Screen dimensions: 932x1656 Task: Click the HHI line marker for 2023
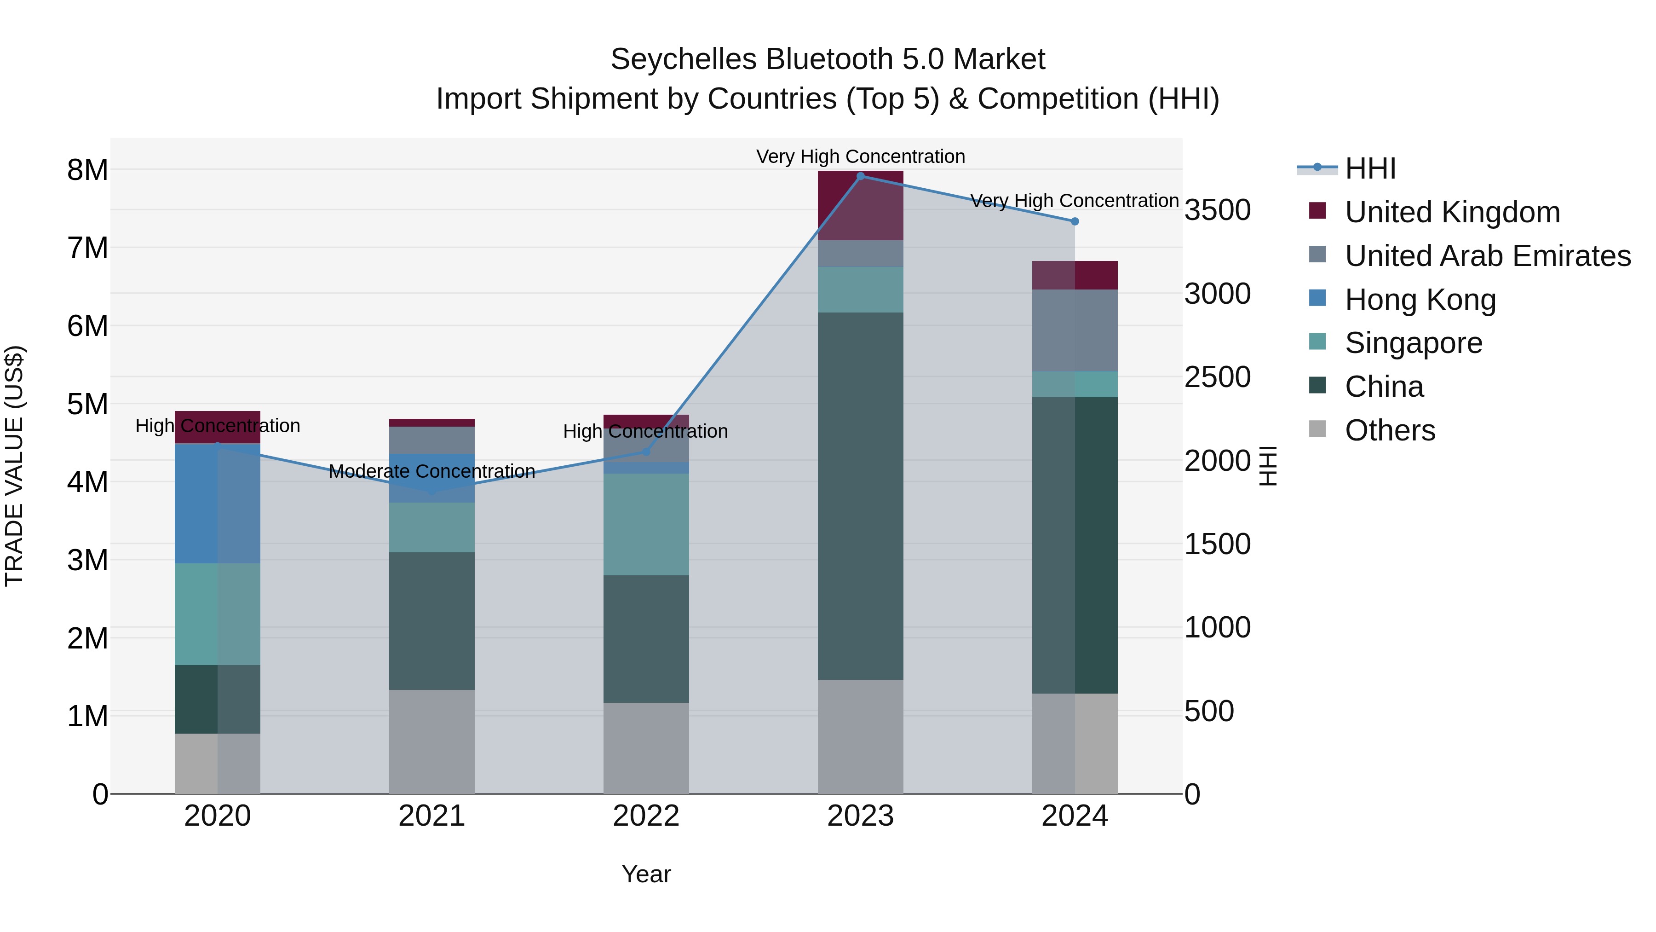click(x=860, y=176)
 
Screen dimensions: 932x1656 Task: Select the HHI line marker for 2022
click(x=646, y=452)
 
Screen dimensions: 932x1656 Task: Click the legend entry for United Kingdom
click(x=1452, y=212)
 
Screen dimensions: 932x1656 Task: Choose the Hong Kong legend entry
click(x=1420, y=300)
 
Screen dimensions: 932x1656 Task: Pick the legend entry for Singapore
click(x=1413, y=343)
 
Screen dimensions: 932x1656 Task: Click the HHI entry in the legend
click(x=1370, y=168)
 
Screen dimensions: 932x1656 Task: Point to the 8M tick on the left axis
click(x=87, y=170)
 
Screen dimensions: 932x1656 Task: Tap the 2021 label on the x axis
click(x=431, y=816)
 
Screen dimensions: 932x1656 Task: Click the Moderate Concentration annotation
click(x=431, y=471)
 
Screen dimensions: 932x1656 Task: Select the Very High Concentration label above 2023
click(x=860, y=156)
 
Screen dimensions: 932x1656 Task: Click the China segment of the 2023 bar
click(x=860, y=495)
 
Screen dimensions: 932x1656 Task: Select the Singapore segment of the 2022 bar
click(x=646, y=524)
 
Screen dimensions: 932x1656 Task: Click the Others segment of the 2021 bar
click(x=431, y=741)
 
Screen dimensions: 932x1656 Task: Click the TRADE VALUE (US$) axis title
click(x=14, y=466)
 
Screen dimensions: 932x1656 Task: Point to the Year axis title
click(x=646, y=874)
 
